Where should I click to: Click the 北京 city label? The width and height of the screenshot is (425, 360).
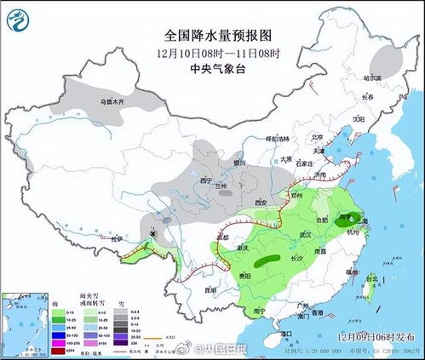click(x=319, y=137)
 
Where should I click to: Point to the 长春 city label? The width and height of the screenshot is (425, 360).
click(x=367, y=98)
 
